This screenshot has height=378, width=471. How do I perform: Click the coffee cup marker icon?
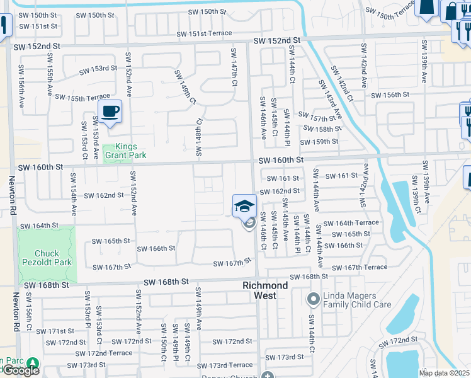[110, 112]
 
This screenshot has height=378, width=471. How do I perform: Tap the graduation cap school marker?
[244, 205]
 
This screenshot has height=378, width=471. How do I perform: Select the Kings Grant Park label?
[125, 151]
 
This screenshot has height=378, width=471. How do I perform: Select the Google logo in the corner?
[20, 370]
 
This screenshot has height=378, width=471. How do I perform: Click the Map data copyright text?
[444, 372]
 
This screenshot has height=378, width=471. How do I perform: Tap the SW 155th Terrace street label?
[82, 97]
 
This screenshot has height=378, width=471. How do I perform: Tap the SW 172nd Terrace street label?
[104, 353]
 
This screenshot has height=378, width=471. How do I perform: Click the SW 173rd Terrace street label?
[224, 365]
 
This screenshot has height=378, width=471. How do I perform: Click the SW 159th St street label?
[321, 141]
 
